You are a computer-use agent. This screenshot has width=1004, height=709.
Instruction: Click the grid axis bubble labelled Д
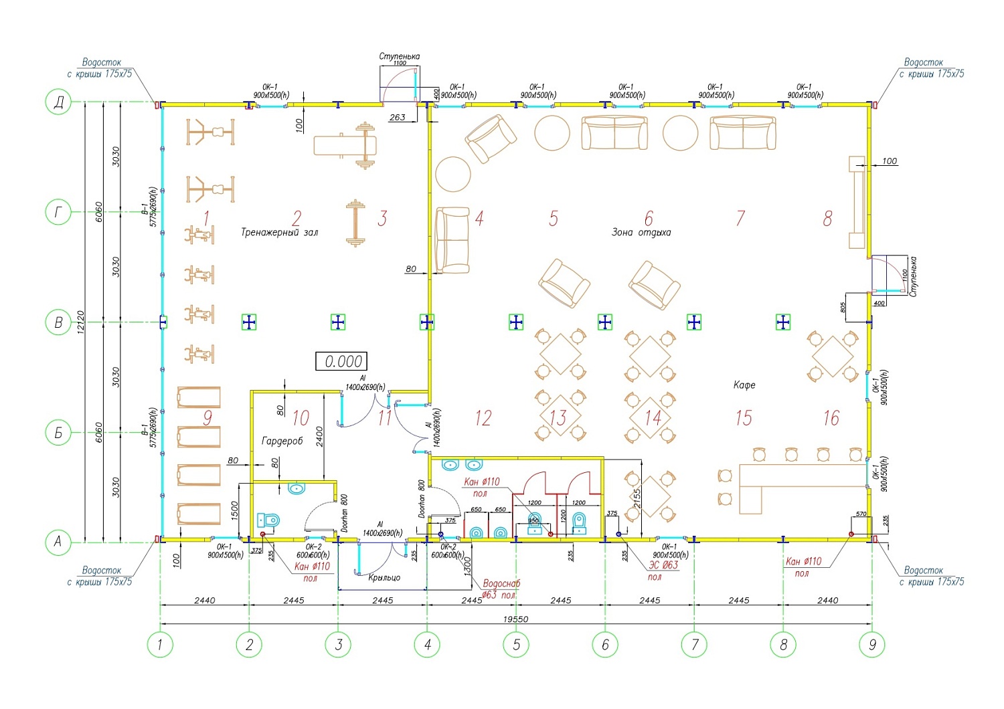pos(58,103)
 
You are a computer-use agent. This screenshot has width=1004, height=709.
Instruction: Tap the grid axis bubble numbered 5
pos(516,645)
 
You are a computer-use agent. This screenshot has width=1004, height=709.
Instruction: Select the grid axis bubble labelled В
pos(58,322)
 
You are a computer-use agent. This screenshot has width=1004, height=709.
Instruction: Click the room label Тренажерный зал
pos(279,233)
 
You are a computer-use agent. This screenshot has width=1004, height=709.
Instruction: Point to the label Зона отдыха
pos(641,233)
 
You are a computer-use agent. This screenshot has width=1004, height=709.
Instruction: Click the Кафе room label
pos(744,385)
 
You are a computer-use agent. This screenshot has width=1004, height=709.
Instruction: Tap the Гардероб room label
pos(282,441)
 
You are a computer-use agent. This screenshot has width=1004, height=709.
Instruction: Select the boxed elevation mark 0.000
pos(343,362)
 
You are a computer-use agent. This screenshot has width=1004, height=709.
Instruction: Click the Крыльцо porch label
pos(384,577)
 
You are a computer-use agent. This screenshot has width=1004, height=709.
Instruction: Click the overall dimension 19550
pos(515,619)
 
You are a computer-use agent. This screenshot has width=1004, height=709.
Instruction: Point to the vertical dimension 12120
pos(81,322)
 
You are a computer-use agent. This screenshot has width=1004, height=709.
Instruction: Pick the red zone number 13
pos(558,418)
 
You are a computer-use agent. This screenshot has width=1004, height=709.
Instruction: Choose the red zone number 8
pos(828,218)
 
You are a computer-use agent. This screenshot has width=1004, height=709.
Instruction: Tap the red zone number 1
pos(206,218)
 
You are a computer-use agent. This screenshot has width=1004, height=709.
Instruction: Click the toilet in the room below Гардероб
pos(268,520)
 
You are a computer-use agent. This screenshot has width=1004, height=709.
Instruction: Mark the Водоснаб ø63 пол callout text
pos(501,589)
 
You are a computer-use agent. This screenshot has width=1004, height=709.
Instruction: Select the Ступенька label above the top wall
pos(400,56)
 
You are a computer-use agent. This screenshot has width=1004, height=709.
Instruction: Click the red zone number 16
pos(831,418)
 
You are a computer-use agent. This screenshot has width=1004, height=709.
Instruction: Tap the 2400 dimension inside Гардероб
pos(320,437)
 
